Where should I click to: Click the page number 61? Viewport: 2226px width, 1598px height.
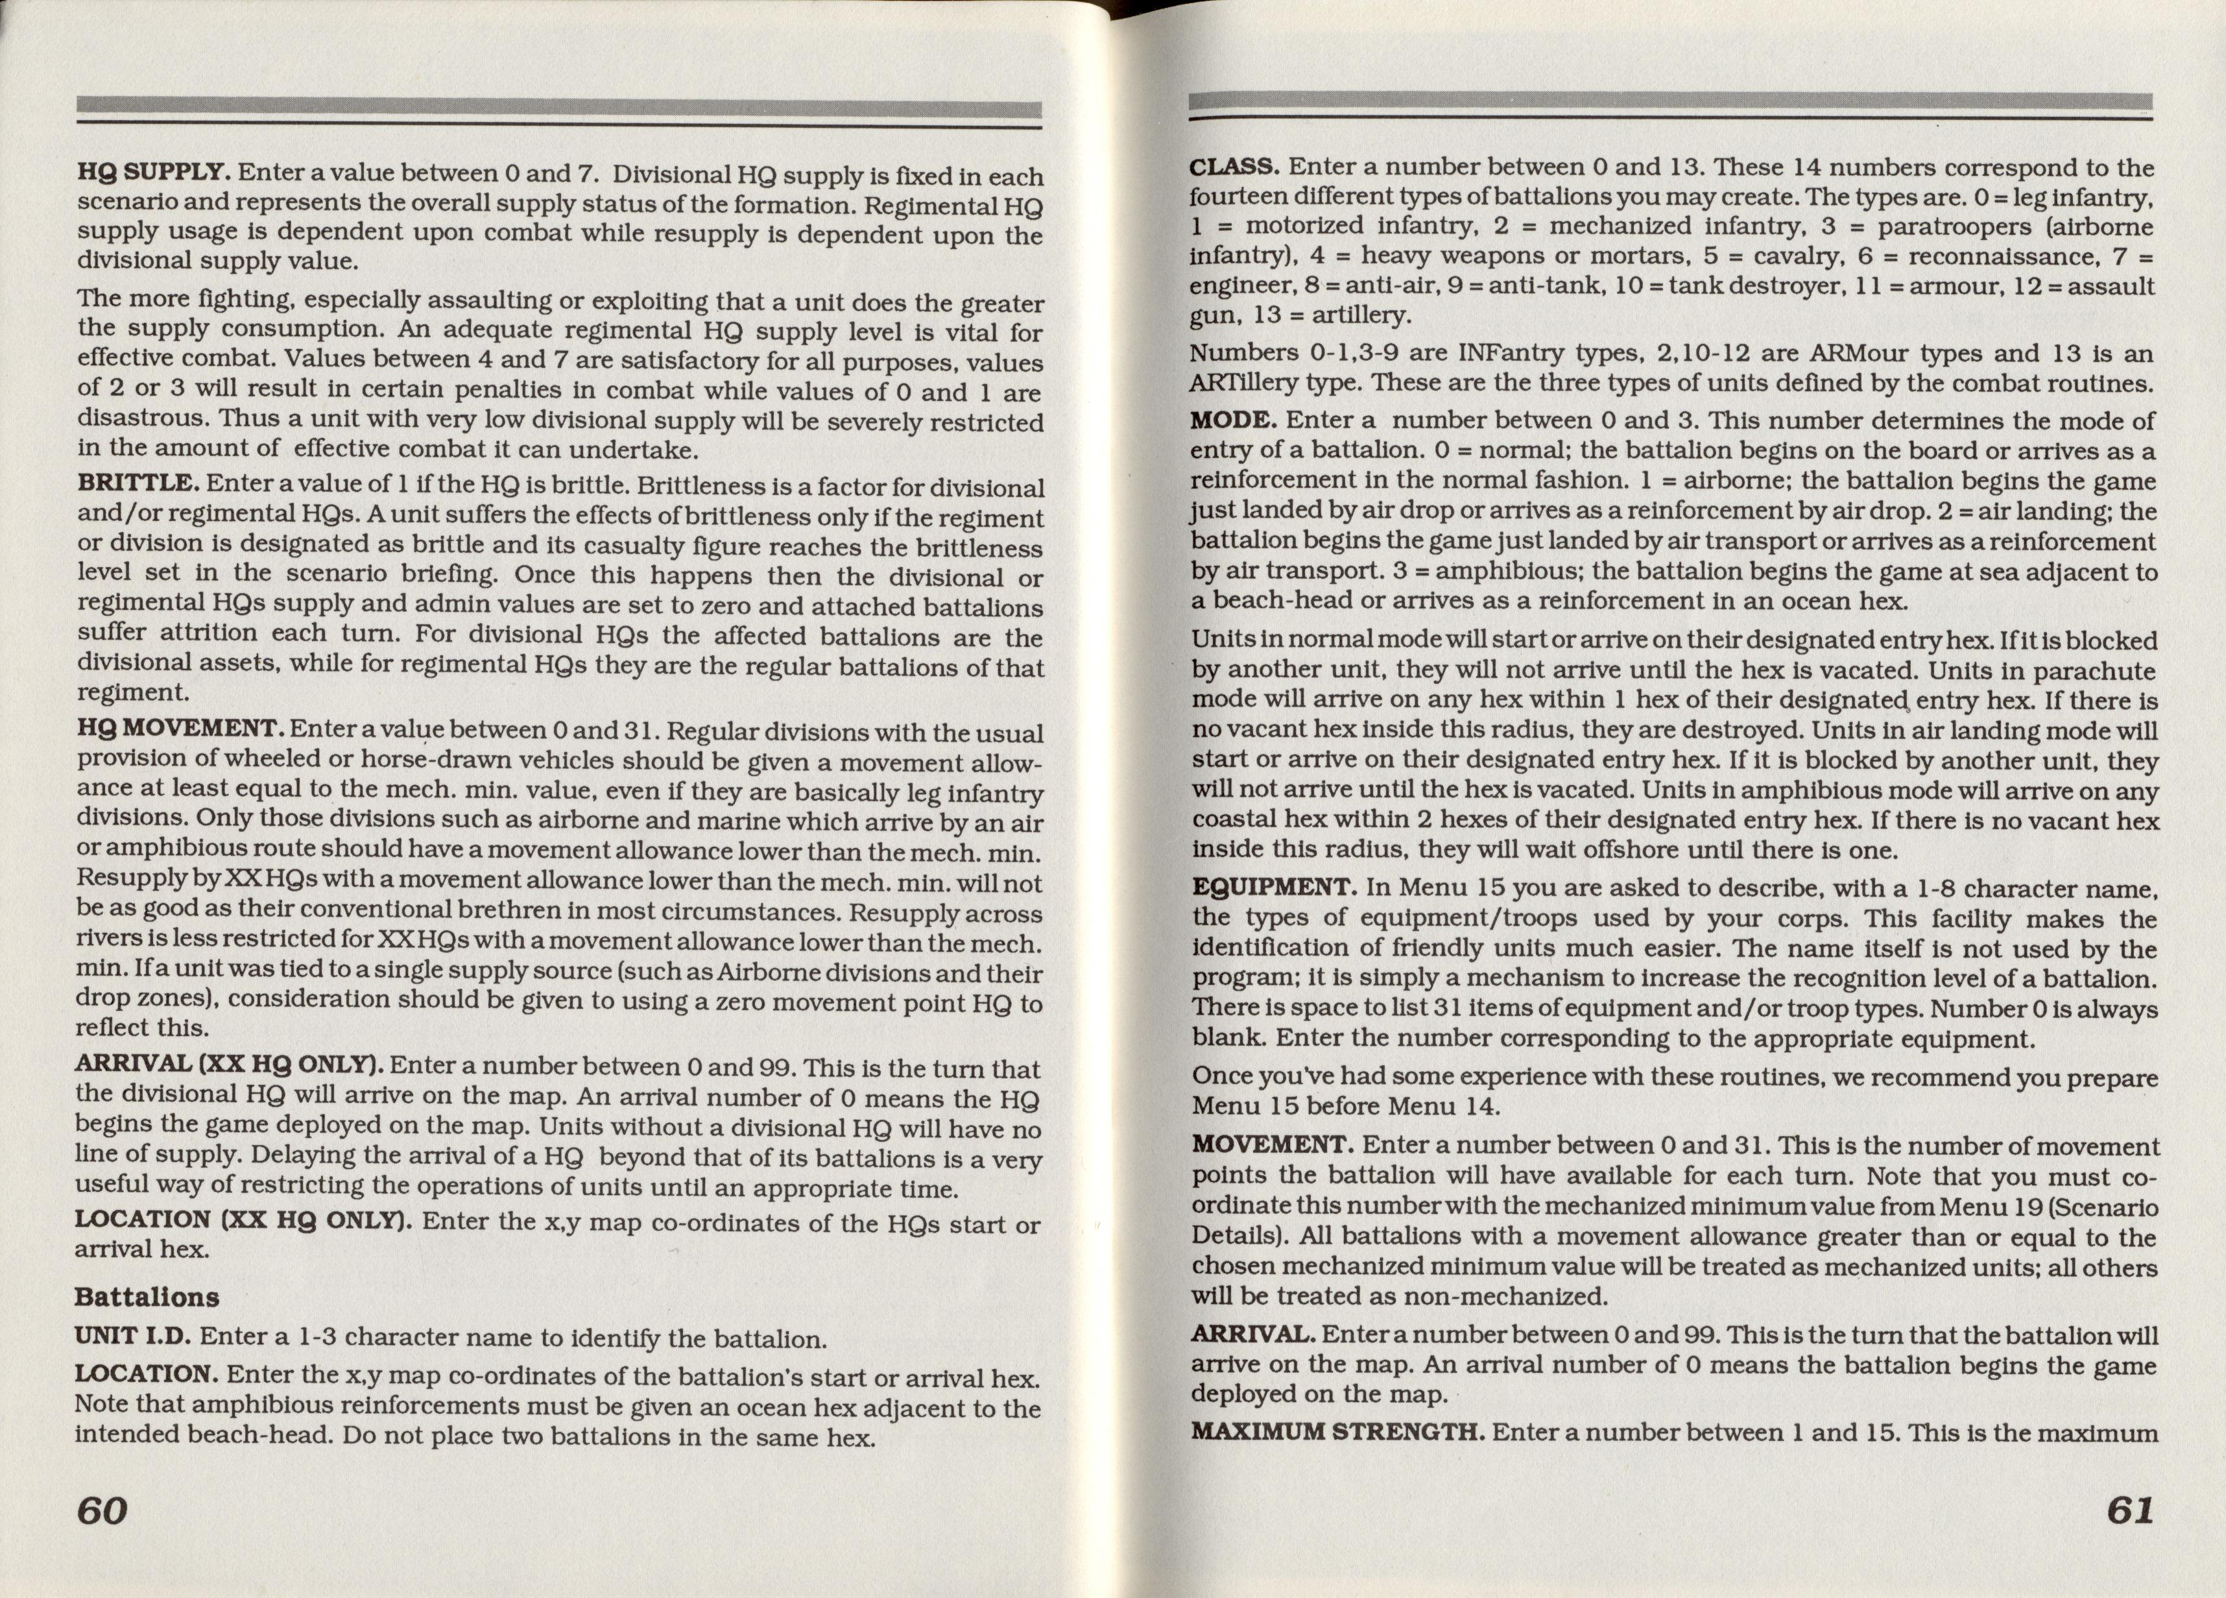[x=2130, y=1508]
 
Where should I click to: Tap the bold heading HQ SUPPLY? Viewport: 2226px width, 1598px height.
[x=154, y=173]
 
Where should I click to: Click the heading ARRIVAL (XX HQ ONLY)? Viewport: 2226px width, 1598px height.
[x=229, y=1065]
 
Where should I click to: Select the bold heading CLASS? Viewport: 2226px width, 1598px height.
[x=1234, y=168]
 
